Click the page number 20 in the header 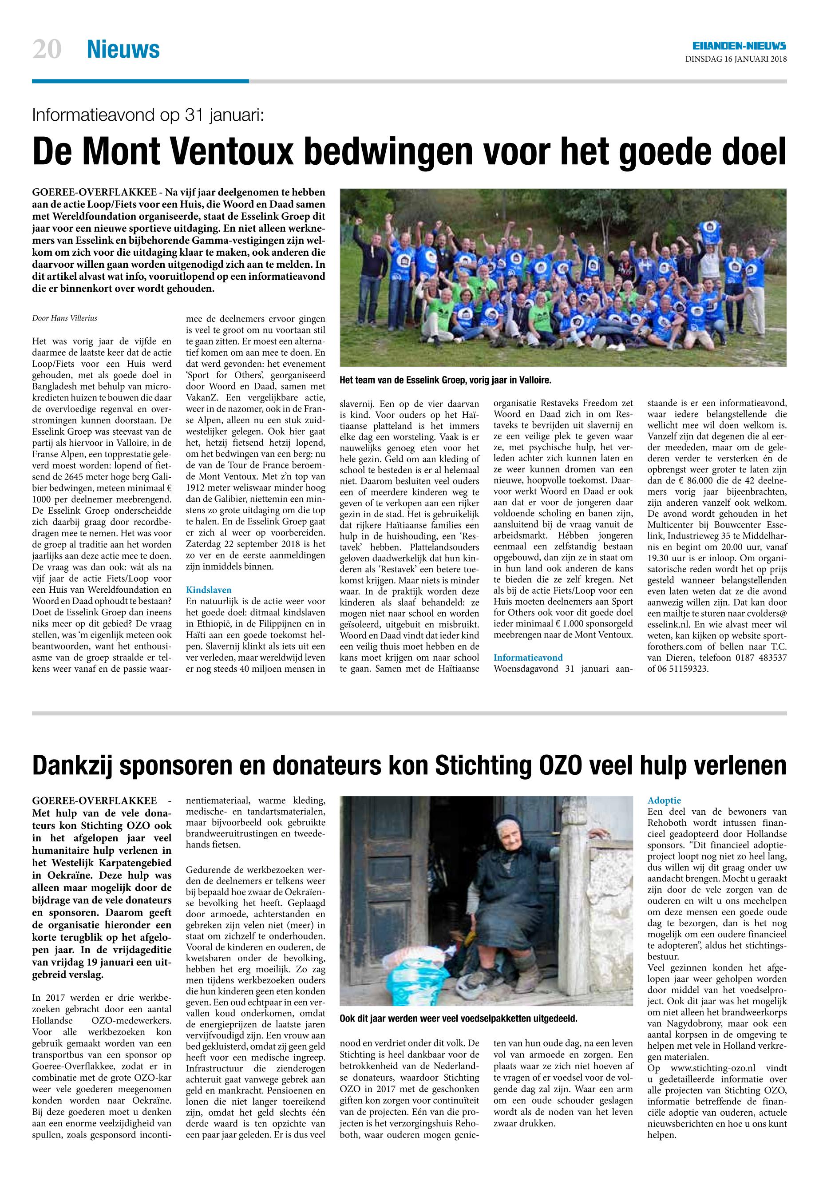(47, 50)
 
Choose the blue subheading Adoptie (665, 800)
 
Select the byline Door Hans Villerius (65, 318)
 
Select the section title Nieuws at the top (123, 50)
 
